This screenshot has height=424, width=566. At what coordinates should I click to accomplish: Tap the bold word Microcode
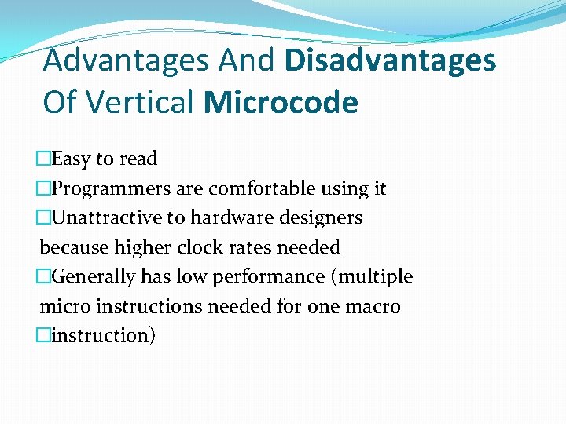click(x=280, y=102)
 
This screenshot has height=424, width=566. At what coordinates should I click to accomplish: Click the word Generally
click(x=94, y=276)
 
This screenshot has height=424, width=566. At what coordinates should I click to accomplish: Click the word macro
click(x=373, y=306)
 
